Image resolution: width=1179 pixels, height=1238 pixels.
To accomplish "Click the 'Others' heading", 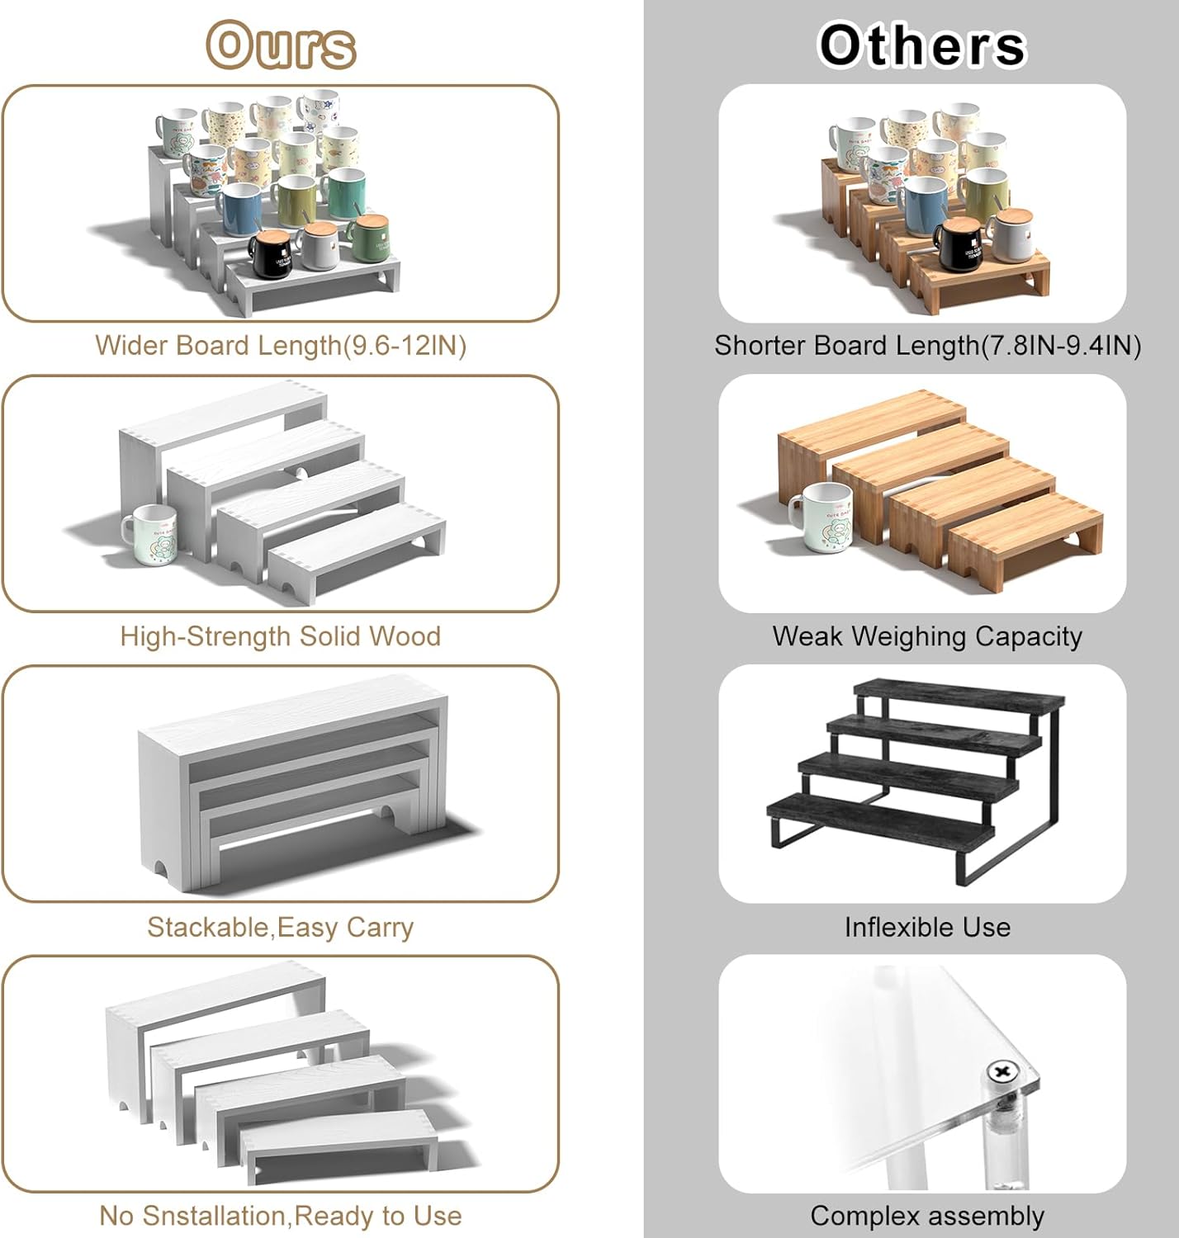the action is pyautogui.click(x=923, y=45).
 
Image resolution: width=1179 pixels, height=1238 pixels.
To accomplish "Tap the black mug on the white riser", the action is pyautogui.click(x=272, y=253).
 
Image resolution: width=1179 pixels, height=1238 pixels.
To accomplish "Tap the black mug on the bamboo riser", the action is pyautogui.click(x=957, y=243).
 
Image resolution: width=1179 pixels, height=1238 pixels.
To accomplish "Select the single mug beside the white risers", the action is pyautogui.click(x=150, y=535).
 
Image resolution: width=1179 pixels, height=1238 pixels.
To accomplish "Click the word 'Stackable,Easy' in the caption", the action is pyautogui.click(x=243, y=927).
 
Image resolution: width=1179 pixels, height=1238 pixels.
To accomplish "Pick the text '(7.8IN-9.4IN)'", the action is pyautogui.click(x=1061, y=346).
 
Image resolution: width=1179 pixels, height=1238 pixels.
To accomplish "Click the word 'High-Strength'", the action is pyautogui.click(x=206, y=636).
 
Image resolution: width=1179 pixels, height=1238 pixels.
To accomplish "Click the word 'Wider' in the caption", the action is pyautogui.click(x=131, y=346).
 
